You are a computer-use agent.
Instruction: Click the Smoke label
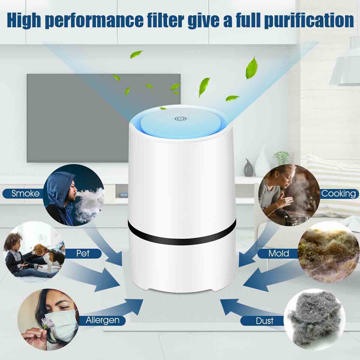click(25, 193)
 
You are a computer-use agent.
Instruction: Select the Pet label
click(83, 253)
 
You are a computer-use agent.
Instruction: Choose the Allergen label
click(102, 320)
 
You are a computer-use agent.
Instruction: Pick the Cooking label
click(338, 193)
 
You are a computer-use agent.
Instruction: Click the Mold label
click(279, 253)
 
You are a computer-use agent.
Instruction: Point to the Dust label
click(265, 321)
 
